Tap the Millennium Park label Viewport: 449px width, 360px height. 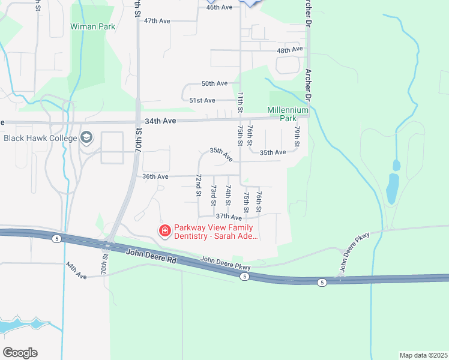tap(288, 114)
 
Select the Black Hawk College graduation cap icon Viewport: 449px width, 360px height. tap(87, 138)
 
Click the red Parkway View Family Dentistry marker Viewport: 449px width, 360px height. tap(164, 230)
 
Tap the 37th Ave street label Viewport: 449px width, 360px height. tap(229, 216)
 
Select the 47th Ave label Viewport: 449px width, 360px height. tap(157, 20)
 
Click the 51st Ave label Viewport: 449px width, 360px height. tap(202, 100)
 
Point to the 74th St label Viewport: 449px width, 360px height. tap(228, 195)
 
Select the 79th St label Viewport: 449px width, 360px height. tap(297, 136)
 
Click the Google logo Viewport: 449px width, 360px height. tap(20, 352)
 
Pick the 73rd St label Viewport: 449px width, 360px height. tap(213, 195)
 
